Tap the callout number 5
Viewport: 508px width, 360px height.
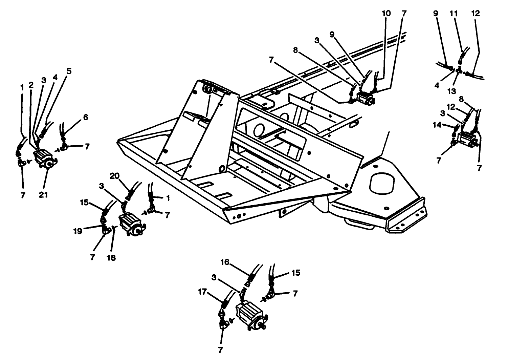69,71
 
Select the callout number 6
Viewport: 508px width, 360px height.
86,117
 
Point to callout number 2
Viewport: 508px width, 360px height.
31,85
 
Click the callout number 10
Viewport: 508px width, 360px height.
386,14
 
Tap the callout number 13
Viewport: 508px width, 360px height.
452,91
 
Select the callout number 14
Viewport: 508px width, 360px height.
437,125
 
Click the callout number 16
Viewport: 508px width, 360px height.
225,262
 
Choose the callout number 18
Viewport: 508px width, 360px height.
111,258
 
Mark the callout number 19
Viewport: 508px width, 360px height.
78,231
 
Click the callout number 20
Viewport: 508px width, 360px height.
115,176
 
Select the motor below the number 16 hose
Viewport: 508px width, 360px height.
250,313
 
